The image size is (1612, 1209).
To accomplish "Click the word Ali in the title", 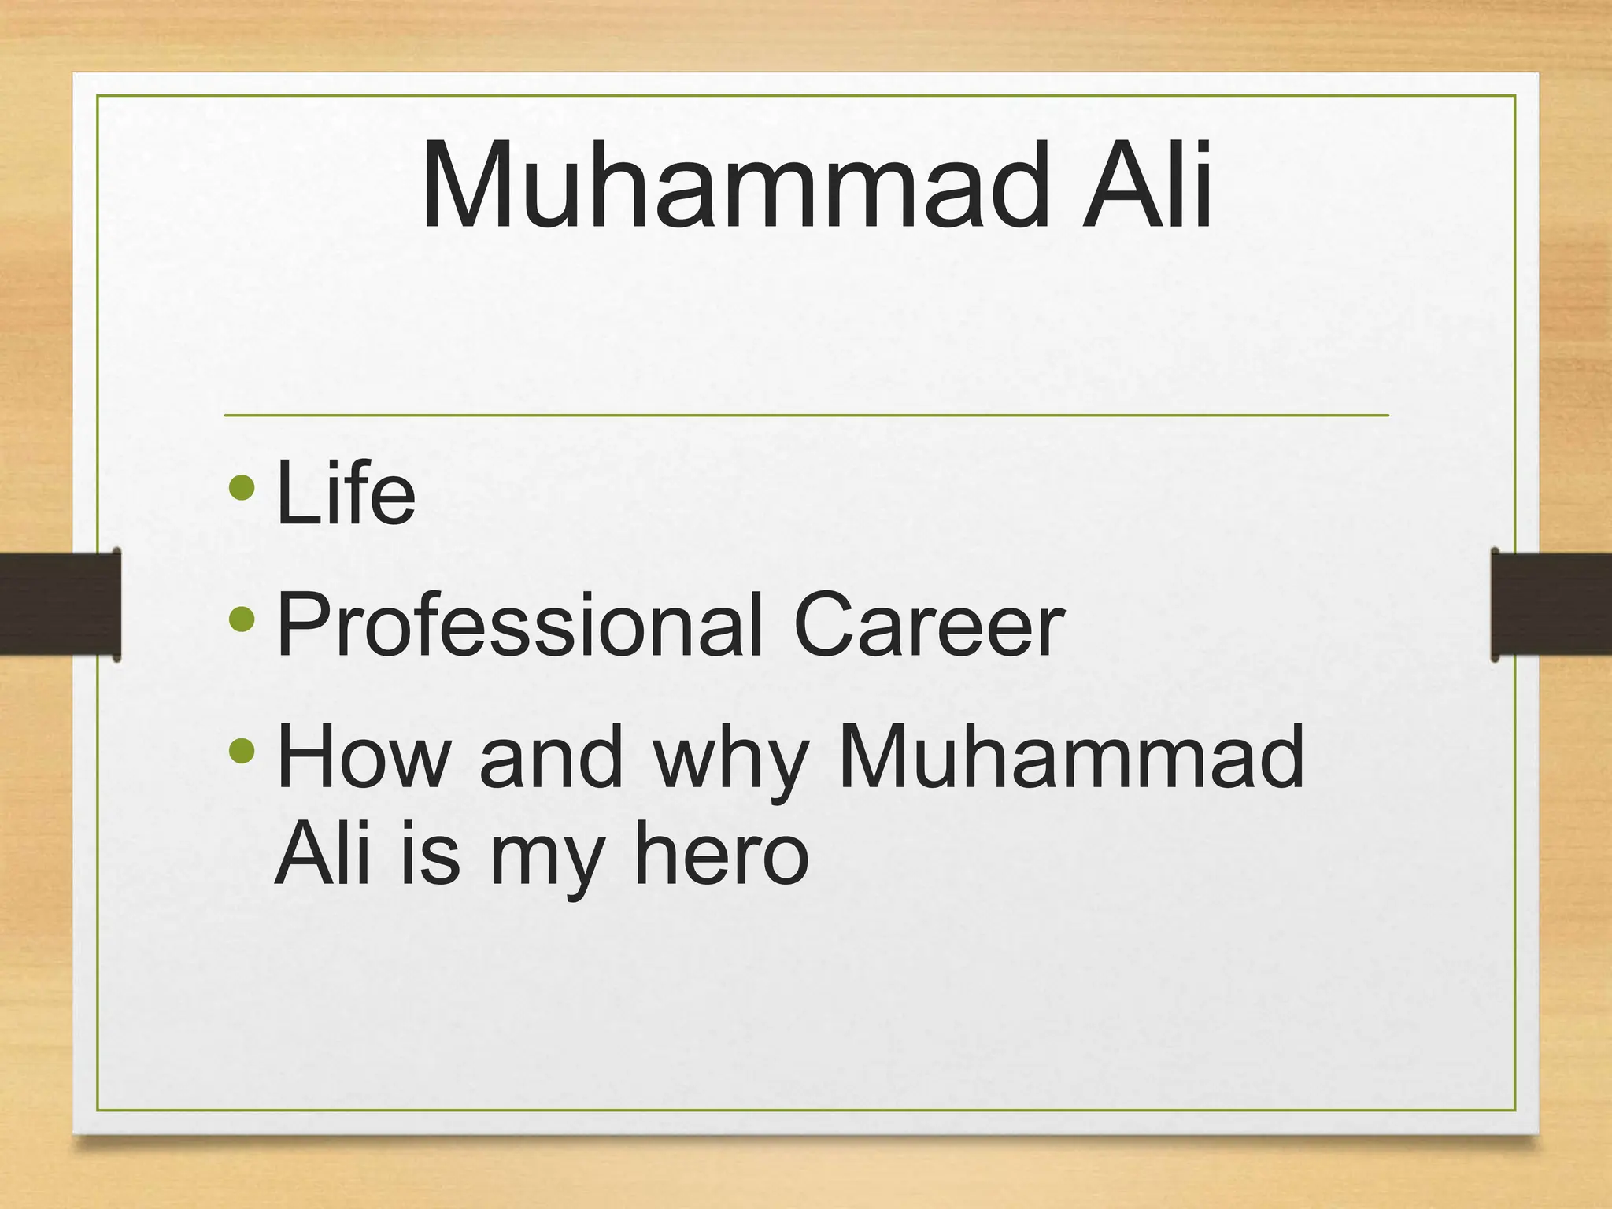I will coord(1147,186).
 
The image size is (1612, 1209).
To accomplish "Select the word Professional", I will coord(519,626).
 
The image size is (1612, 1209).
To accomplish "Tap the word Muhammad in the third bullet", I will coord(1071,757).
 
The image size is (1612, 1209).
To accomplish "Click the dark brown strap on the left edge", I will coord(59,604).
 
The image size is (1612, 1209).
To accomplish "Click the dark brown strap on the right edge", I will coord(1551,604).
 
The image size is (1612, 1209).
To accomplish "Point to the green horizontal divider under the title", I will coord(806,415).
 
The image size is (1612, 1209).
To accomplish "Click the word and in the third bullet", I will coord(551,757).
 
